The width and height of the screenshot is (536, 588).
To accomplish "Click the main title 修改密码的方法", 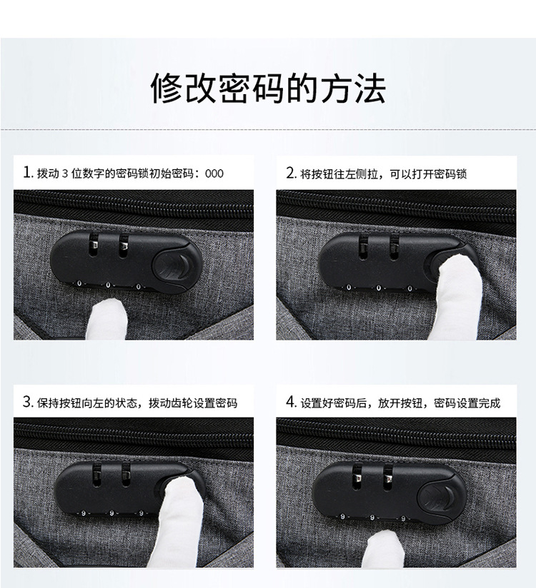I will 268,88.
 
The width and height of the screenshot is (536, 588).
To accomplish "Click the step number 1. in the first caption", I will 28,173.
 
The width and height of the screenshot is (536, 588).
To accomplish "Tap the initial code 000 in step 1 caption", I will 214,173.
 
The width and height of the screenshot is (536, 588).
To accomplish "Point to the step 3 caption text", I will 137,402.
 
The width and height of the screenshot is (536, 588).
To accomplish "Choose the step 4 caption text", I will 399,402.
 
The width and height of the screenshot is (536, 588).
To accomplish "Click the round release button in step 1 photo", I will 172,266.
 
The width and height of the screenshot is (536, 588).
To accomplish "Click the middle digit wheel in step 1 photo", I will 109,285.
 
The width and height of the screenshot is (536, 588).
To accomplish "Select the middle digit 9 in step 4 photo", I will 372,516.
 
